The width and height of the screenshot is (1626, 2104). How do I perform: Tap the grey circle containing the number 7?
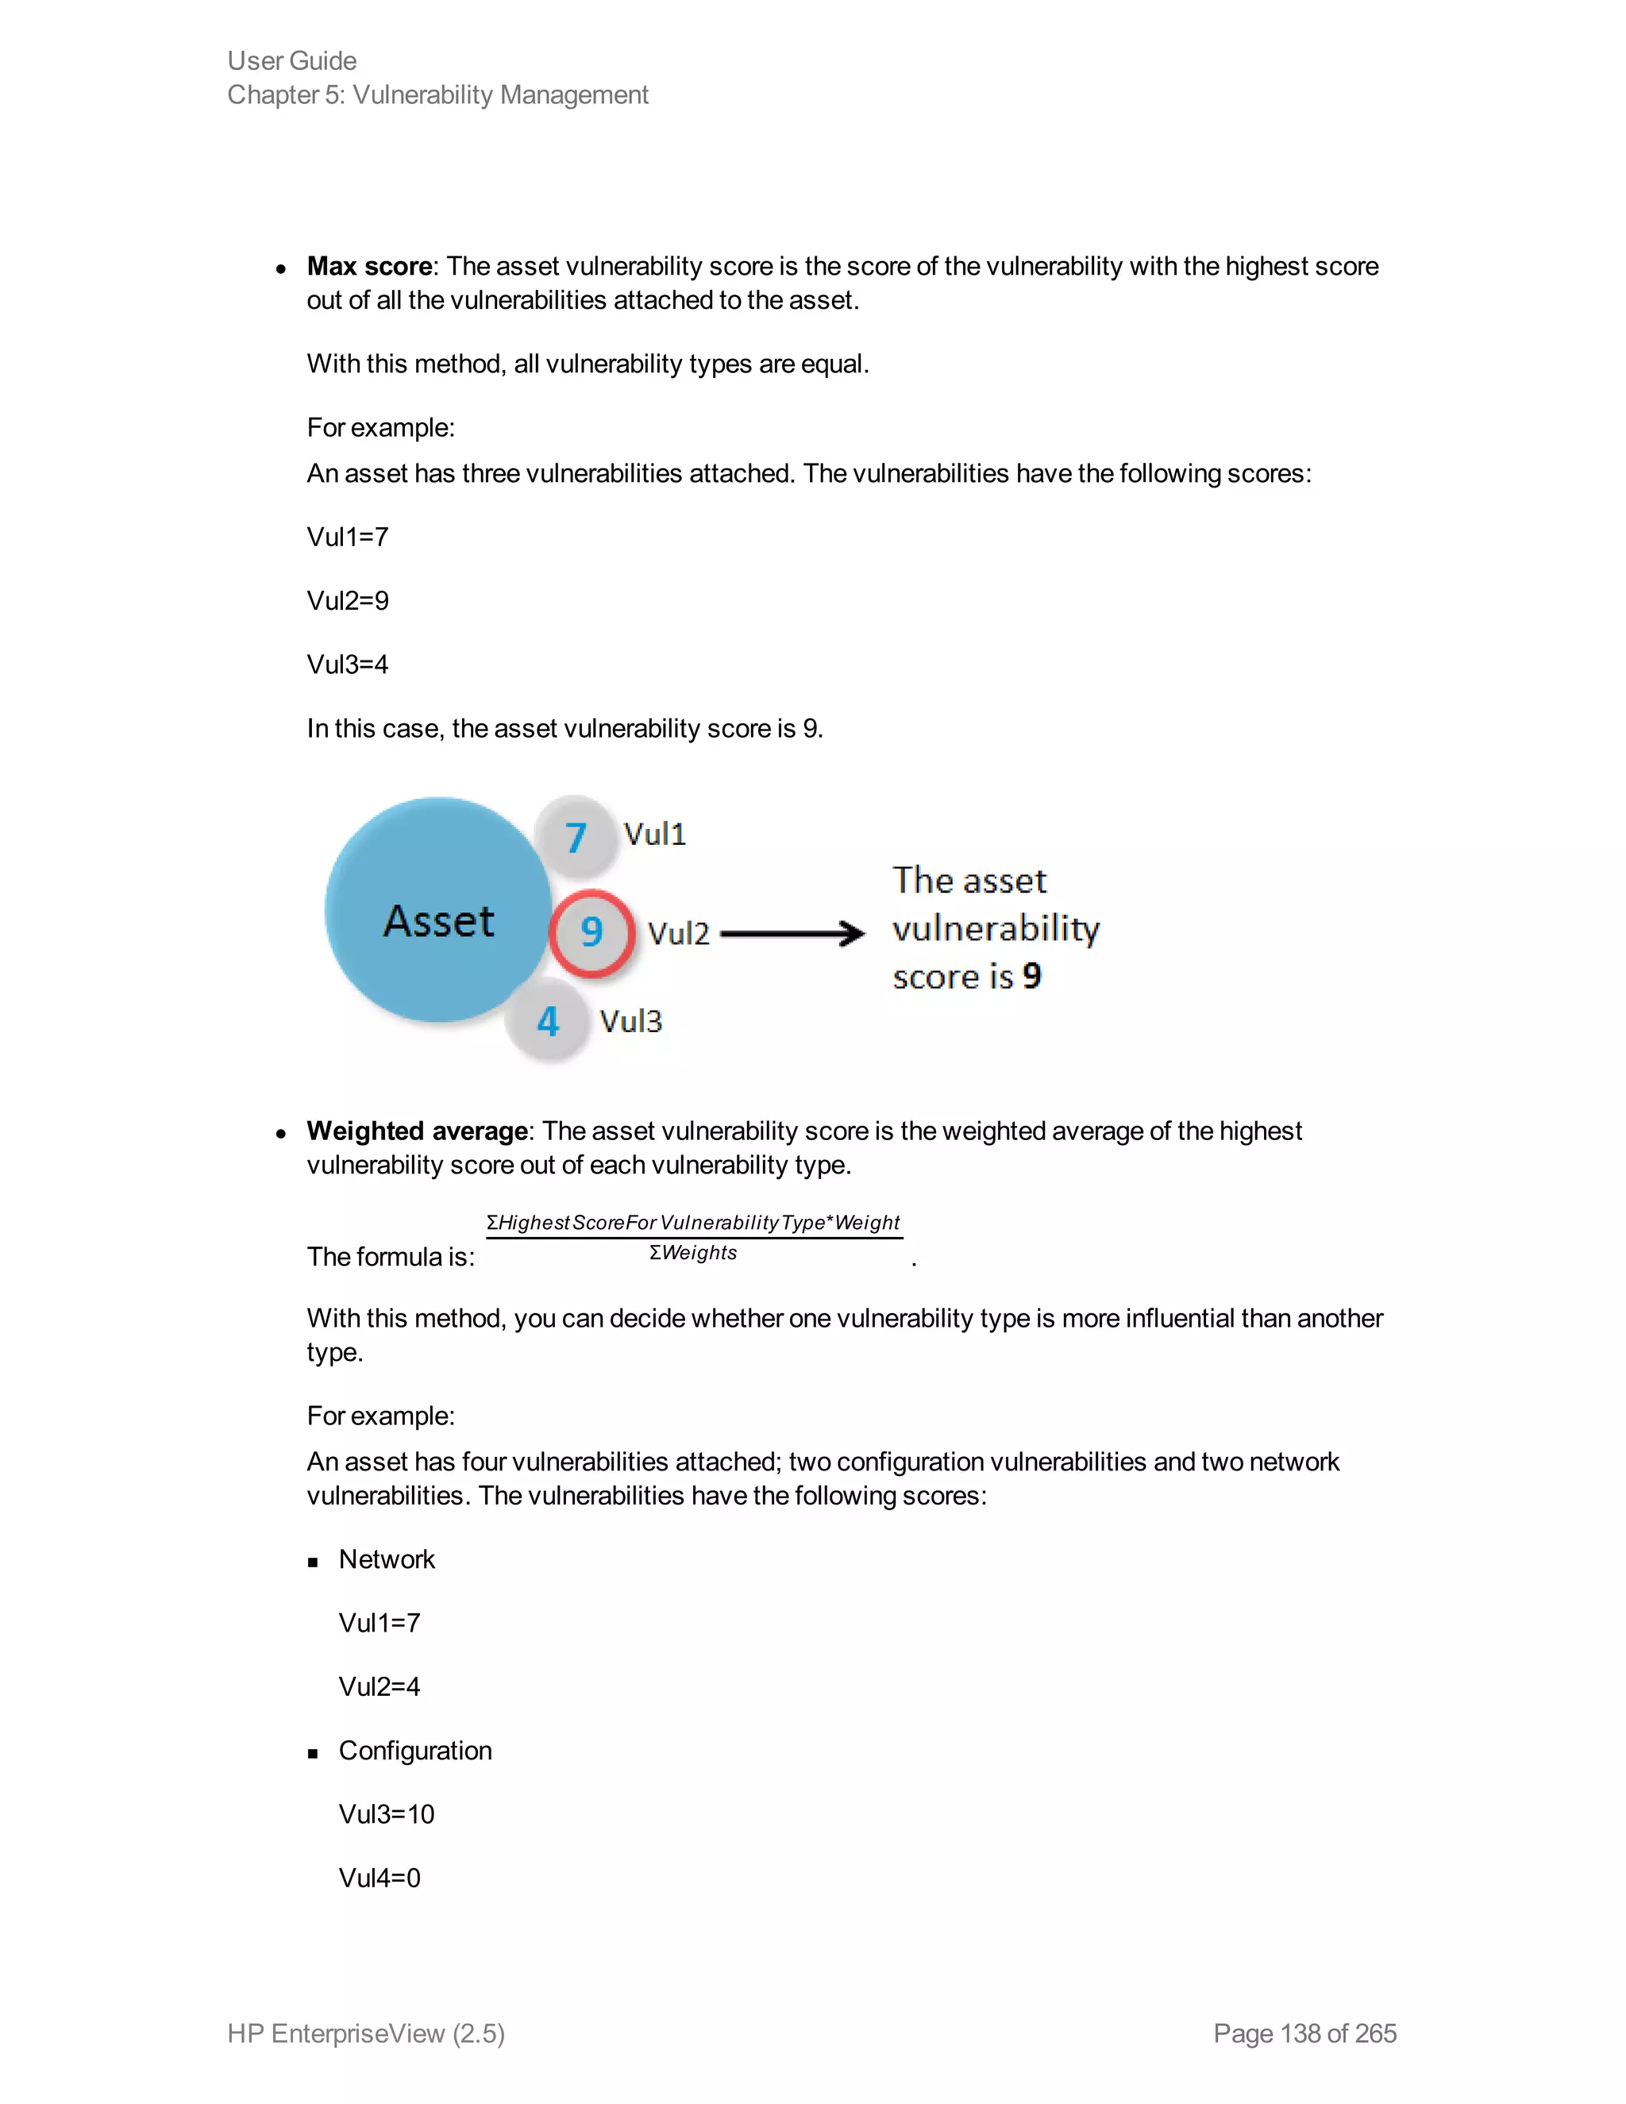pos(576,836)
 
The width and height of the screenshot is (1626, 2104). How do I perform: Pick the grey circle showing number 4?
pos(548,1021)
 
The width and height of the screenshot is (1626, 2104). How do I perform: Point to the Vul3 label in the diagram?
pos(631,1021)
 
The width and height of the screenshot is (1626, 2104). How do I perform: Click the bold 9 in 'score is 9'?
pos(1031,976)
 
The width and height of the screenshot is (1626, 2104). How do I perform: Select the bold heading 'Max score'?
pos(369,266)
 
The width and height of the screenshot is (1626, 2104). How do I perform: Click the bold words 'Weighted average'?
pos(417,1130)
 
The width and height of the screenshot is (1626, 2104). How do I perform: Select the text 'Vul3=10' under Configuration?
pos(387,1814)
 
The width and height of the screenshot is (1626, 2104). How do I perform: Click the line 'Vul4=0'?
pos(380,1878)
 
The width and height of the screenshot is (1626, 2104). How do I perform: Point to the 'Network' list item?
pos(387,1559)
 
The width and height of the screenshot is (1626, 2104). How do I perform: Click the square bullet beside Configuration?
pos(313,1753)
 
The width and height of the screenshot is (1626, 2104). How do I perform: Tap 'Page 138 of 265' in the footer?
pos(1304,2033)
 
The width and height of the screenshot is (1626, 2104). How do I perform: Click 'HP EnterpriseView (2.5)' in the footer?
pos(366,2033)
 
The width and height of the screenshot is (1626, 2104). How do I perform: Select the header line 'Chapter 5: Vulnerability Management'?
pos(437,94)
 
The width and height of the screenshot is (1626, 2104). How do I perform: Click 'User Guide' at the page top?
pos(292,60)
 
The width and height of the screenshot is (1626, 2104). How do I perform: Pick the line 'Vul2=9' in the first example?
pos(348,600)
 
